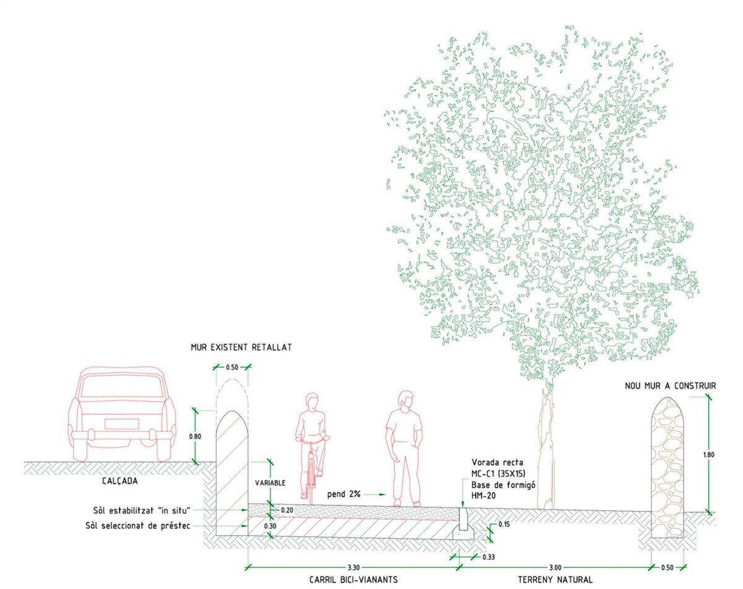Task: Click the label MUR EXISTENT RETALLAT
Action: [240, 348]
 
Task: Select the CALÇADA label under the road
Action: [119, 480]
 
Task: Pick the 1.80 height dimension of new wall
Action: [710, 455]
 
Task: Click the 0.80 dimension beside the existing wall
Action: [194, 436]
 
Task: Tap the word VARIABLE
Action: [271, 483]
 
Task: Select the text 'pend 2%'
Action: [345, 495]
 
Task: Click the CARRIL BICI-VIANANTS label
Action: [353, 580]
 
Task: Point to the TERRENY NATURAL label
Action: [555, 580]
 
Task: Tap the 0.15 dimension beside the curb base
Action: [504, 525]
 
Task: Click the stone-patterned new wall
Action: [667, 470]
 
